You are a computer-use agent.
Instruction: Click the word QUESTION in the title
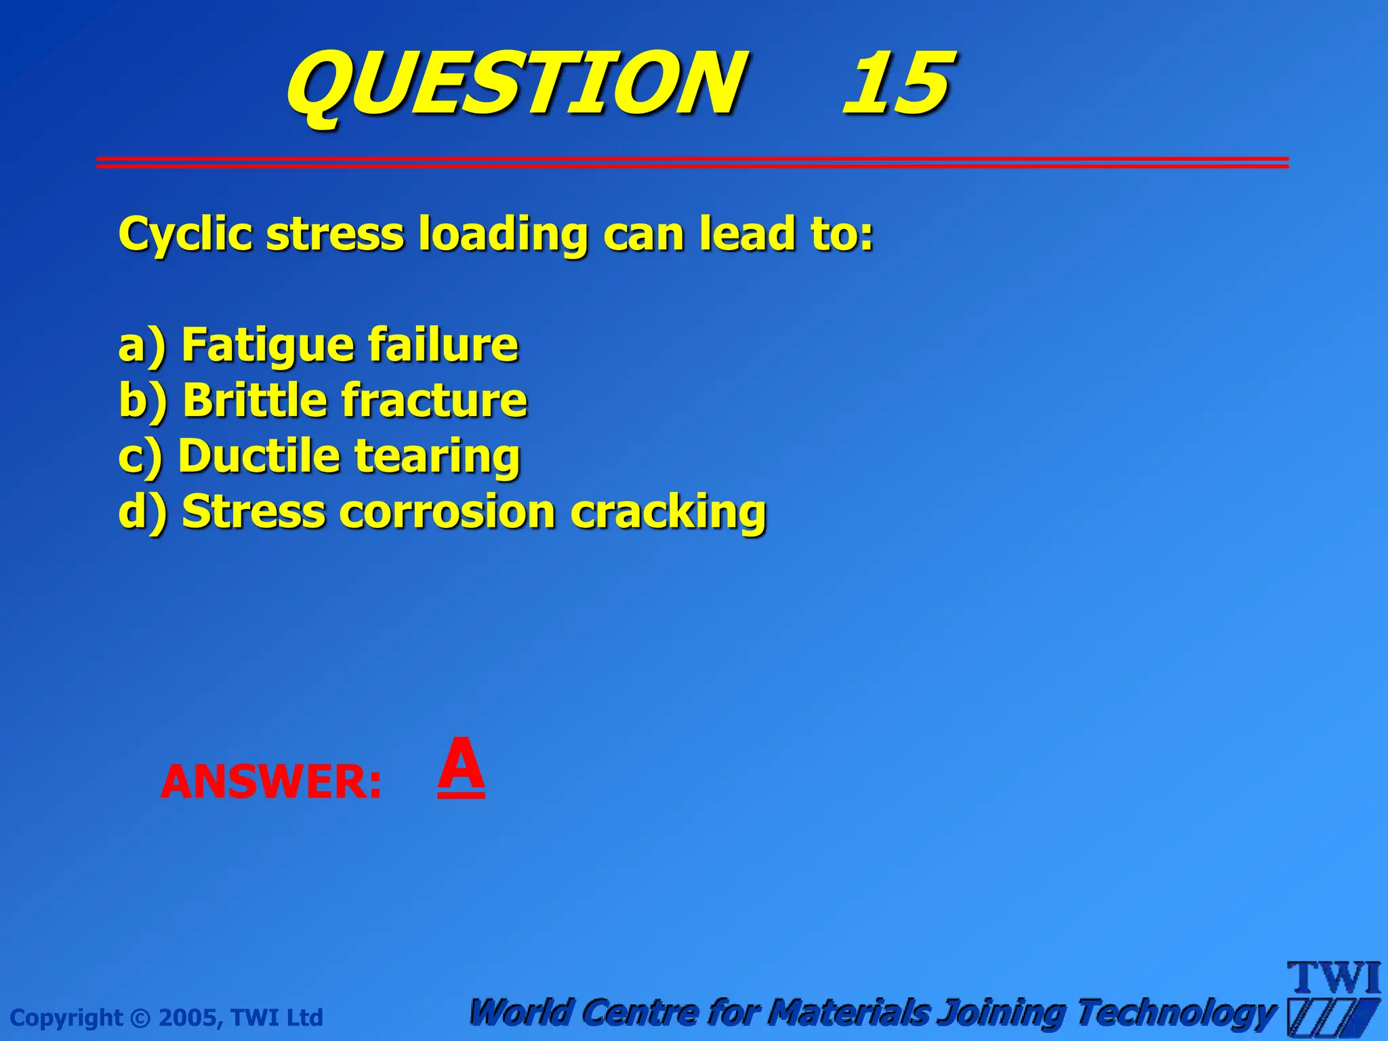point(516,85)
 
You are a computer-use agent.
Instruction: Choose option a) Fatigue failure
point(318,346)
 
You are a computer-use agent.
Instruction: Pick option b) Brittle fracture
point(323,401)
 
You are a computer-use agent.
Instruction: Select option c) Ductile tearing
point(319,456)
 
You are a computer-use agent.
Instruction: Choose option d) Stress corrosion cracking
point(442,512)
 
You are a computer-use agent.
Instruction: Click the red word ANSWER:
point(271,781)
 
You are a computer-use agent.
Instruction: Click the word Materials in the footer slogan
point(851,1013)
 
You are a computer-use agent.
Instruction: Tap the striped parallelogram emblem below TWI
point(1332,1017)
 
